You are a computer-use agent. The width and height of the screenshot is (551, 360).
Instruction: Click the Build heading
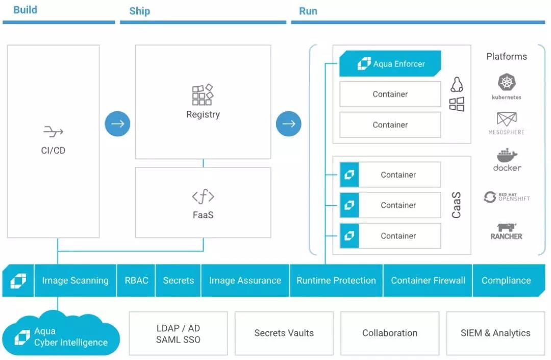tap(25, 10)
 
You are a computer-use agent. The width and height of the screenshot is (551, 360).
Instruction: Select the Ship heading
tap(139, 11)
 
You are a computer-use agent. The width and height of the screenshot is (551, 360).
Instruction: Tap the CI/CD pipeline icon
tap(53, 132)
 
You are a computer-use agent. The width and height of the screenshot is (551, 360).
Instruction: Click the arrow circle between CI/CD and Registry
tap(118, 124)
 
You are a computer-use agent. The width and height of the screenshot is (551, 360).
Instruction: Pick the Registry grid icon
tap(203, 95)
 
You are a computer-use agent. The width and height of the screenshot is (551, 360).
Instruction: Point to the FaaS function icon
tap(203, 197)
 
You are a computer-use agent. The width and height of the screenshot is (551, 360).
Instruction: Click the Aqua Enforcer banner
tap(390, 64)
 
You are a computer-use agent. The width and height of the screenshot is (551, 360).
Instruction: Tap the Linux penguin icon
tap(457, 84)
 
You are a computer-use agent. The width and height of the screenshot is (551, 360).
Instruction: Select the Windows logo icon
tap(457, 105)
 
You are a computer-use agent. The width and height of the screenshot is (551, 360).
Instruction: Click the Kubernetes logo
tap(506, 83)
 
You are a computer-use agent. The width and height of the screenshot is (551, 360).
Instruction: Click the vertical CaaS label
tap(456, 205)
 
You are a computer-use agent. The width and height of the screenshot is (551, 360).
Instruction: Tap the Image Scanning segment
tap(75, 280)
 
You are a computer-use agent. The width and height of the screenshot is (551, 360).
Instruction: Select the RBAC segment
tap(136, 280)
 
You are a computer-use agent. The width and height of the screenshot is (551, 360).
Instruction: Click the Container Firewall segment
tap(428, 280)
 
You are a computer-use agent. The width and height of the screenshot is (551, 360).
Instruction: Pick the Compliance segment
tap(506, 280)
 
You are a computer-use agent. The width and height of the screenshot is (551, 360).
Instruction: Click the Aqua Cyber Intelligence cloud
tap(61, 337)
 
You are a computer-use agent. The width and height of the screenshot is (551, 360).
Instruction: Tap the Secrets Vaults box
tap(284, 333)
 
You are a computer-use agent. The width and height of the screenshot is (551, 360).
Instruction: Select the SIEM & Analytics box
tap(495, 333)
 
